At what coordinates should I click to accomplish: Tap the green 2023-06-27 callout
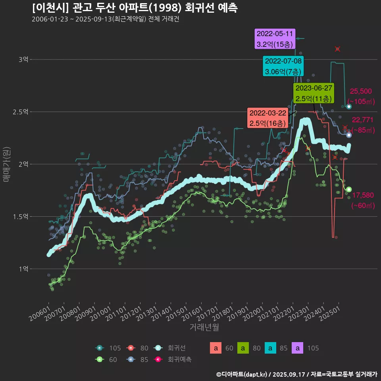point(314,93)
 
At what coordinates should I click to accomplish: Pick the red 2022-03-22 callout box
point(267,118)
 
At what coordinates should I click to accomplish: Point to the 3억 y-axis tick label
point(23,60)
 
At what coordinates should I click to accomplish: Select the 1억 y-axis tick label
point(23,269)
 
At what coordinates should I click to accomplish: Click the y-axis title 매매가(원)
point(7,164)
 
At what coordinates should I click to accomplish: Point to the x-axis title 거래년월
point(204,327)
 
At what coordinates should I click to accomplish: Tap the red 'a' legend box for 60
point(216,348)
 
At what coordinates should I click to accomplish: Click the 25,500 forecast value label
point(361,91)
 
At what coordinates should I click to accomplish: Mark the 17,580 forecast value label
point(363,195)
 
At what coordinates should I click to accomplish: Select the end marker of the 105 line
point(348,106)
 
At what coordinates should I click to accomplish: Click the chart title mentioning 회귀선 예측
point(135,8)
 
